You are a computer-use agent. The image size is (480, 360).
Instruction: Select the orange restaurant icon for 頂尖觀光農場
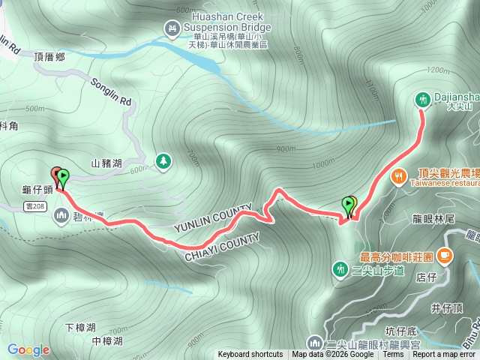398,176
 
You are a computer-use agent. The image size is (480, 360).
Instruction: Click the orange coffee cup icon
445,256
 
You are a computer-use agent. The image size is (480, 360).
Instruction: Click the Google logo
28,349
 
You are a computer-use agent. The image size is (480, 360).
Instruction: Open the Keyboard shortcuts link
250,355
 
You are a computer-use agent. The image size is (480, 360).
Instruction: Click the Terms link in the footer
393,355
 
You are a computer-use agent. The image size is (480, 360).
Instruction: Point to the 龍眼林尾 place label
435,219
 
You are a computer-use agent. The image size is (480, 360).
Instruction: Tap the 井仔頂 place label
443,307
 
